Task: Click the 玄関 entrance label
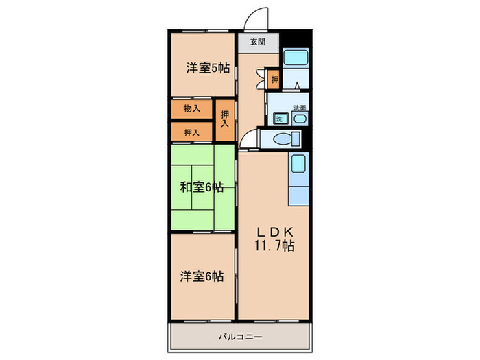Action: click(257, 42)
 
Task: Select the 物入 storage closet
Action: click(191, 109)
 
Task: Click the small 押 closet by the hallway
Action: click(274, 80)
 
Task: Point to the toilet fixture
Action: click(283, 139)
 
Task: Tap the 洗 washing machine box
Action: click(279, 119)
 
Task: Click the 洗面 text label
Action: click(299, 108)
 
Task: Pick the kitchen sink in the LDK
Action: click(298, 165)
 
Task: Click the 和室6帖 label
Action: click(202, 187)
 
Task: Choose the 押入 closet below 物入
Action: click(191, 132)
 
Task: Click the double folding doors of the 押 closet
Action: click(261, 80)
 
